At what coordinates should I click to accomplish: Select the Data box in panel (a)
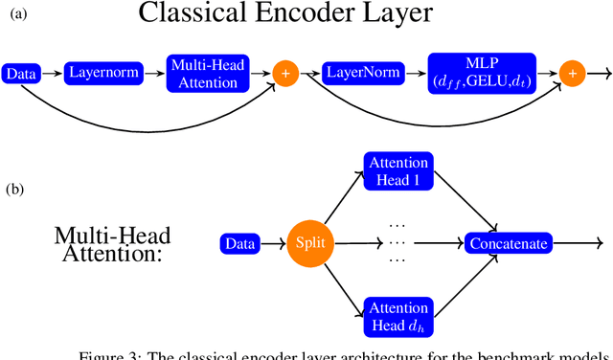tap(19, 73)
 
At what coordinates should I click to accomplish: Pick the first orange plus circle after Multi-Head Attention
tap(284, 73)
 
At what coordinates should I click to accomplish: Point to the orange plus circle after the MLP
tap(572, 73)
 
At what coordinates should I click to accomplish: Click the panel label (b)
tap(13, 190)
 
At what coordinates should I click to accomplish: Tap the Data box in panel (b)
tap(239, 244)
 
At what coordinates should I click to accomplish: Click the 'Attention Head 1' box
tap(397, 170)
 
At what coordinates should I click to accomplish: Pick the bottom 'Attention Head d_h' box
tap(397, 316)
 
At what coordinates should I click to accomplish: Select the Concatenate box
tap(509, 244)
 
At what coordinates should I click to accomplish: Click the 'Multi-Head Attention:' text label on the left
tap(106, 243)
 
